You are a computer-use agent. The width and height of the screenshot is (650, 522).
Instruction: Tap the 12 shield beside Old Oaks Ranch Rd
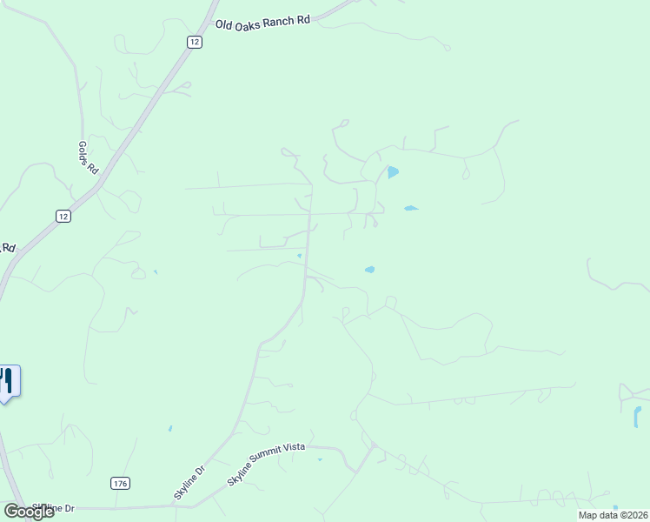195,42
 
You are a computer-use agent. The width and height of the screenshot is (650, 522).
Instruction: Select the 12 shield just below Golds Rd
63,217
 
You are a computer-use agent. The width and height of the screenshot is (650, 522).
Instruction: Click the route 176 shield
121,483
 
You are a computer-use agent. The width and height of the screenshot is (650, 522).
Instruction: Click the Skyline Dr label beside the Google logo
54,507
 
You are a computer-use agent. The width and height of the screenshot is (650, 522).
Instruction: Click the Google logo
29,512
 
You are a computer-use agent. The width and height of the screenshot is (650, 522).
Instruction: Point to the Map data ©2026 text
613,515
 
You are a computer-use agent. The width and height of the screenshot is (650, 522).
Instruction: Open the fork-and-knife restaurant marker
8,381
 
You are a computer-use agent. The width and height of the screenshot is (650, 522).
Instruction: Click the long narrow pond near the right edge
636,418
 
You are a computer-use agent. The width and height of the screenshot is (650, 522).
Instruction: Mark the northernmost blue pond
393,172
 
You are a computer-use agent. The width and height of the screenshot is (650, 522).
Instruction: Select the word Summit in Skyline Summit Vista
266,464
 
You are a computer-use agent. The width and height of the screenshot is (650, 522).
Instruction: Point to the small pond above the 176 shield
170,429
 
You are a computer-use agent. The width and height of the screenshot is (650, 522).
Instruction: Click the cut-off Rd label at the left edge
8,247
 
